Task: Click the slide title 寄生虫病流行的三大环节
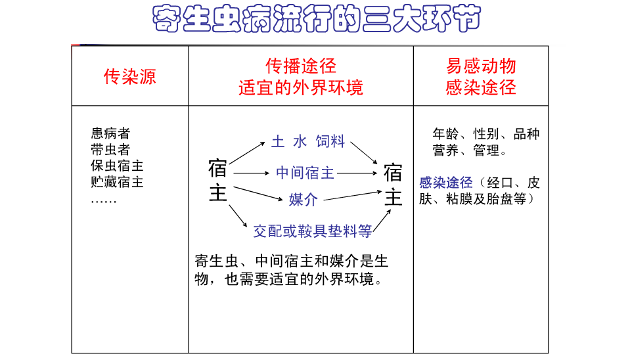point(315,20)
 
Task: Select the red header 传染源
point(130,76)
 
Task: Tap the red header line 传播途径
point(301,66)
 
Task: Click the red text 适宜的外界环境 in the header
point(301,87)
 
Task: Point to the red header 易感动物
point(481,66)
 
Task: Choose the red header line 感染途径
point(481,87)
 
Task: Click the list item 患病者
point(110,134)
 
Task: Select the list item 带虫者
point(110,150)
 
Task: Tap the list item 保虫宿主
point(117,166)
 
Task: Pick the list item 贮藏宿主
point(117,181)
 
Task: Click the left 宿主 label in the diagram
point(217,181)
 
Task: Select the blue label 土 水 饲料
point(308,141)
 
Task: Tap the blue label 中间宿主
point(305,173)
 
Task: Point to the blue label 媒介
point(303,200)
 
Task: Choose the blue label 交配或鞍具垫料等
point(313,231)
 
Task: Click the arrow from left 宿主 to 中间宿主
point(252,173)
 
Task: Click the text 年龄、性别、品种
point(485,134)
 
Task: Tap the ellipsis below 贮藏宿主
point(104,199)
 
